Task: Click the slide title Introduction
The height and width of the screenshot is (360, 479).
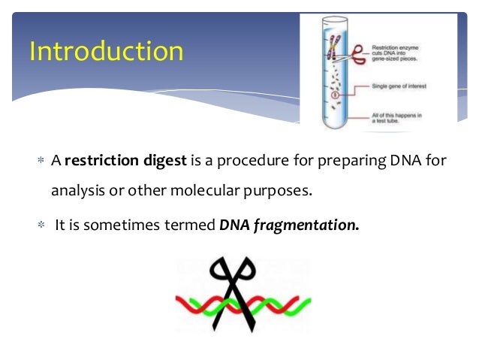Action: [106, 52]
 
